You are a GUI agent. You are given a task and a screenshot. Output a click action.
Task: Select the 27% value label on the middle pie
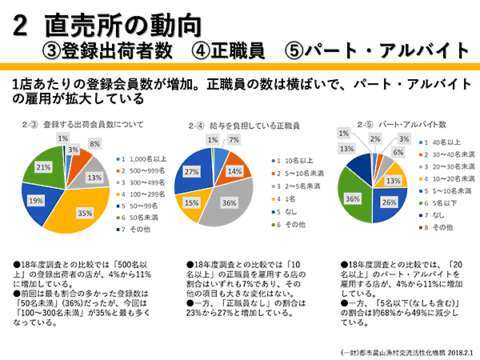point(193,171)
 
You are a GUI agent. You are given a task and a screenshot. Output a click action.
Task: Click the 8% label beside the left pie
point(94,144)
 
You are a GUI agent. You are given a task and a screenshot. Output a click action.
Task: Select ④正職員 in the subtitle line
point(228,50)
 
